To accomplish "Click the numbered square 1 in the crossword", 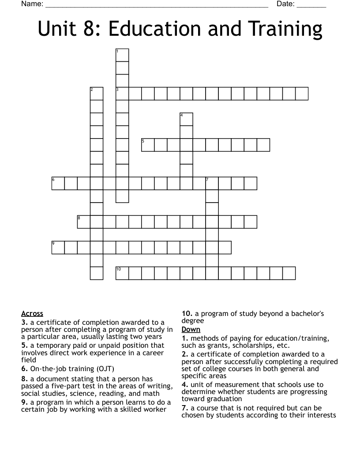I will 122,55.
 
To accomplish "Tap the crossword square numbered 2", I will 97,94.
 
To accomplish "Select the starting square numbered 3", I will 122,94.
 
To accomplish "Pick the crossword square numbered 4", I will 187,119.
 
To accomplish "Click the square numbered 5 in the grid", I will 148,145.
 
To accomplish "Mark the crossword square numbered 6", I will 58,183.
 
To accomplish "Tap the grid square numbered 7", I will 212,183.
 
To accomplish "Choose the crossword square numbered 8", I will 84,222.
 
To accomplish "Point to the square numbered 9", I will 58,247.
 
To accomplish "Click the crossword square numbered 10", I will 122,273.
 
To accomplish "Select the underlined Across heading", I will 32,314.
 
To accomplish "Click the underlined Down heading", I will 191,329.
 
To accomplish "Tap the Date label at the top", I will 285,4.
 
